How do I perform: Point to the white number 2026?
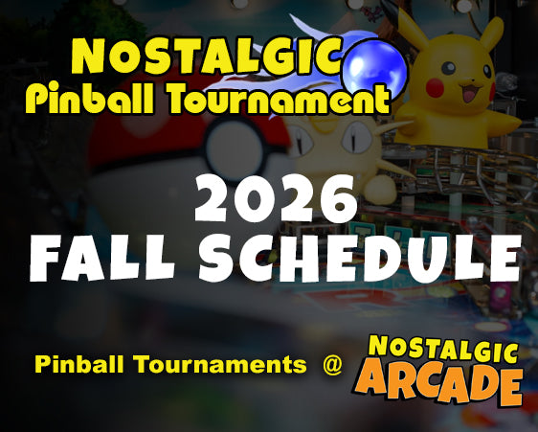[x=276, y=199]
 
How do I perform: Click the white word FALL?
[x=101, y=258]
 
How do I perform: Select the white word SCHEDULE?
[x=360, y=257]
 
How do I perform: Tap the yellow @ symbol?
[x=332, y=364]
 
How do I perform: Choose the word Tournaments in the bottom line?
[x=220, y=364]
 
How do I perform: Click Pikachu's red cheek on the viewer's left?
[x=435, y=88]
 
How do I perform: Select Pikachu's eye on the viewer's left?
[x=448, y=68]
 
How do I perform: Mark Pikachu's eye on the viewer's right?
[x=487, y=71]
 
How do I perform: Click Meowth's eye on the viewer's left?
[x=304, y=141]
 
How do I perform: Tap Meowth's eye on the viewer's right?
[x=356, y=138]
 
